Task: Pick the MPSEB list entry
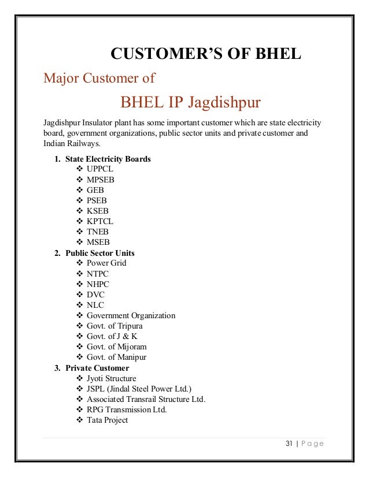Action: [x=100, y=180]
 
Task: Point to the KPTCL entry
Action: [x=99, y=221]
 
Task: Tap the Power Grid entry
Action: [x=106, y=263]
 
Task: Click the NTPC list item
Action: [x=98, y=274]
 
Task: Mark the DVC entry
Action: [x=96, y=295]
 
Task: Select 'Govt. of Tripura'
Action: [x=115, y=326]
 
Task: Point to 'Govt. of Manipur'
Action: [x=116, y=357]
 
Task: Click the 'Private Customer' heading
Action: [x=97, y=368]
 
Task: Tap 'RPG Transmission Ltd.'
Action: [x=126, y=409]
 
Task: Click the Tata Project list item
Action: [x=107, y=420]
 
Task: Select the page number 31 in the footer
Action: [x=290, y=444]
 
